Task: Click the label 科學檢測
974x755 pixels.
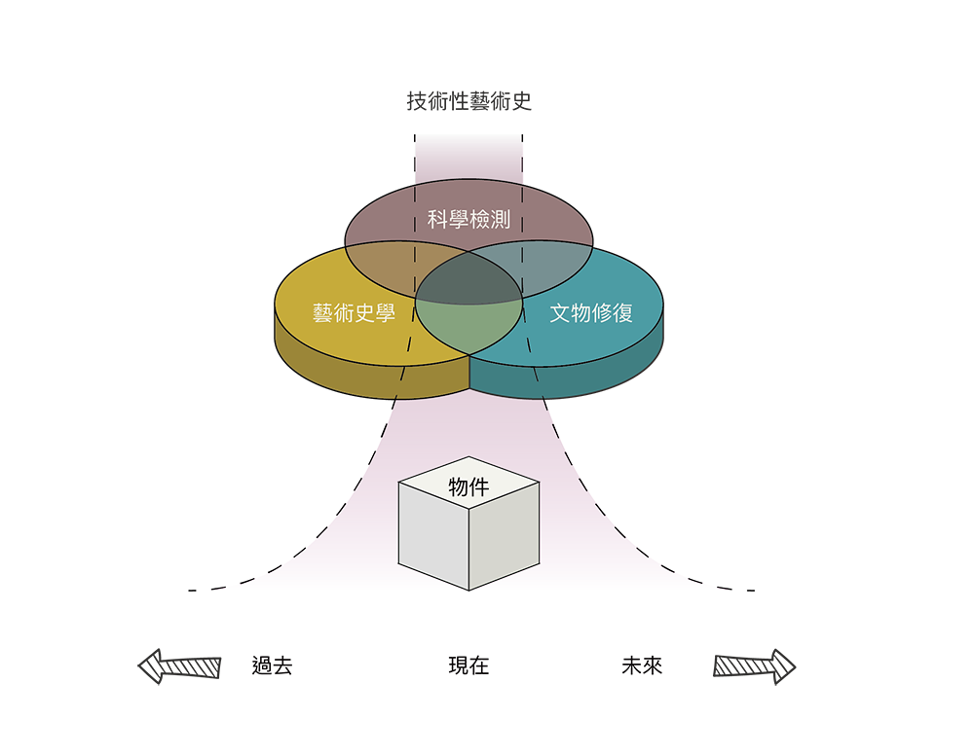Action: pos(468,219)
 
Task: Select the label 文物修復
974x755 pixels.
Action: pos(591,313)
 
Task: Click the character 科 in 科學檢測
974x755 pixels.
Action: pos(437,219)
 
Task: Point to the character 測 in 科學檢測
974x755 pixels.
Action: pos(500,219)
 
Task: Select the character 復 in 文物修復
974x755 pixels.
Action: pos(623,313)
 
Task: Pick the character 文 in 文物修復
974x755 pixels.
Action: pos(560,313)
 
